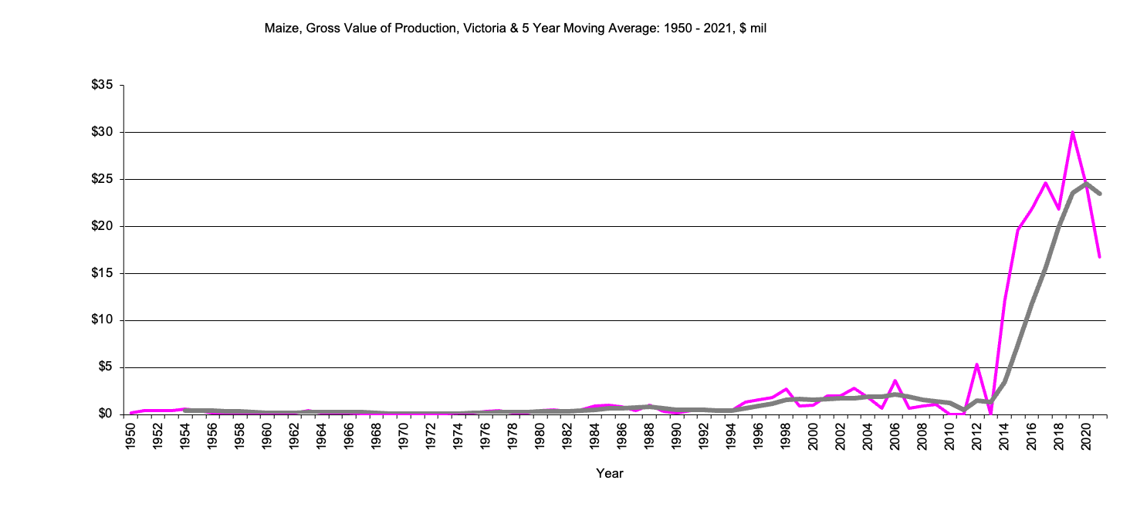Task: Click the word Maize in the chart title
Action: click(x=280, y=29)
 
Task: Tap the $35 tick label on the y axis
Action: click(x=102, y=86)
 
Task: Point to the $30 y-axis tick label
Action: click(x=102, y=133)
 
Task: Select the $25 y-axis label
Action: click(x=102, y=180)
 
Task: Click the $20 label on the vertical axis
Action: click(x=102, y=227)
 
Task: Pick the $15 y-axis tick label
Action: click(x=102, y=274)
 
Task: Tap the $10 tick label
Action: click(x=102, y=320)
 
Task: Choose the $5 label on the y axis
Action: click(x=105, y=367)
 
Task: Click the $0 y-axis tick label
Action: click(x=105, y=414)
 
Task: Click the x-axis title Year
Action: click(x=609, y=473)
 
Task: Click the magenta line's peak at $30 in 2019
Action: click(x=1072, y=133)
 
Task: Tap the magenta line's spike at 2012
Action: click(x=976, y=364)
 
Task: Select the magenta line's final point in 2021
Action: click(x=1099, y=256)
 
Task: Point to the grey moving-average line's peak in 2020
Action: click(x=1086, y=184)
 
